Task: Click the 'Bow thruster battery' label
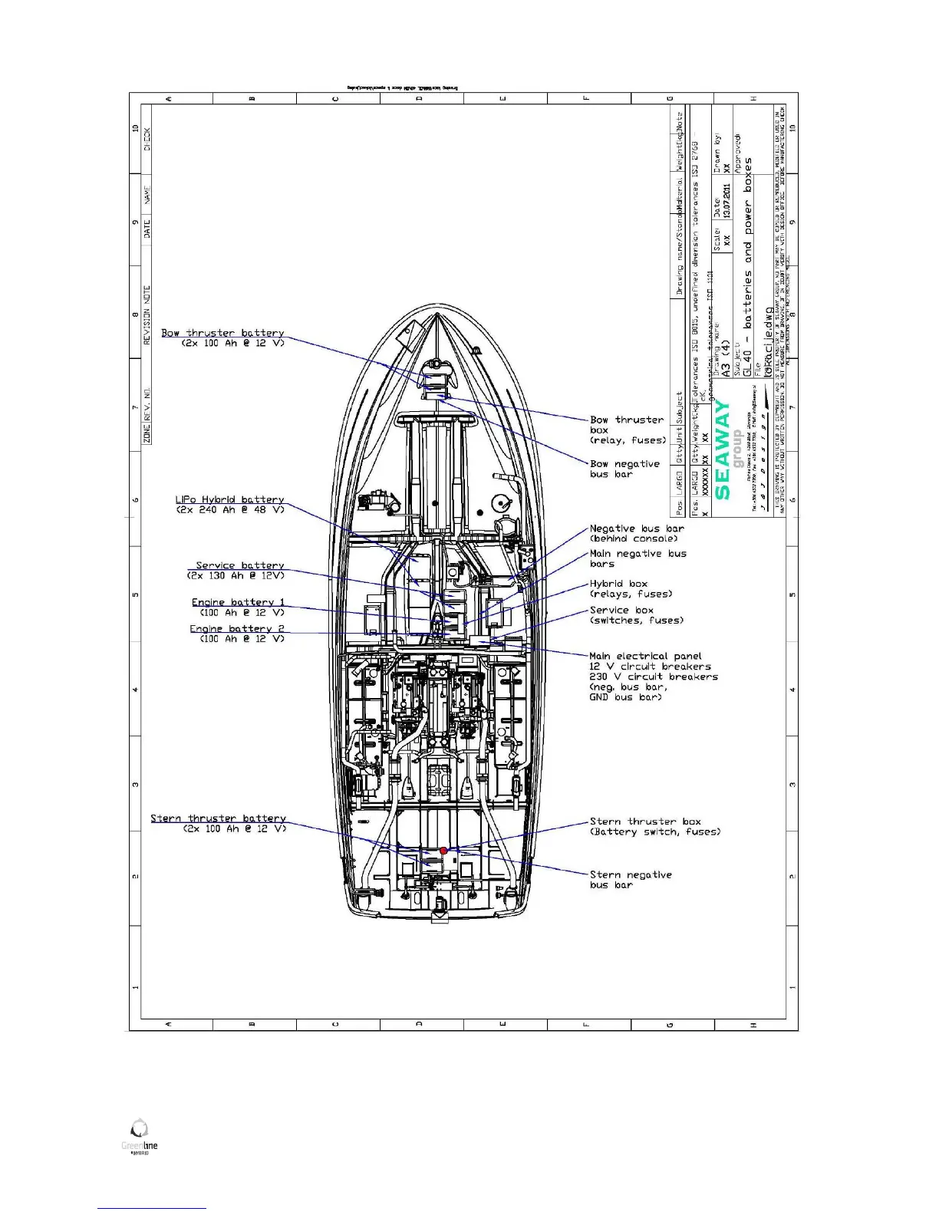222,333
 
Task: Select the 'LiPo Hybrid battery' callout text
229,499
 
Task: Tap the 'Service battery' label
239,565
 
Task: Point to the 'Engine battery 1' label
238,602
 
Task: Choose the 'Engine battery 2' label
237,628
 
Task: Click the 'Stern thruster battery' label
218,818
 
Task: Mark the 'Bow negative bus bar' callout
624,469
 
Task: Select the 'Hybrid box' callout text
618,584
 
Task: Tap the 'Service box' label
621,610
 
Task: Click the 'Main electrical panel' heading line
645,656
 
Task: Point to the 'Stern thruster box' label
645,822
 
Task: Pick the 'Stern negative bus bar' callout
631,879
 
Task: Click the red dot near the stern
443,851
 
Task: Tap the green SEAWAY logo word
723,451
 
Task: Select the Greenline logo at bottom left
140,1137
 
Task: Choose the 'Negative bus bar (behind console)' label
637,533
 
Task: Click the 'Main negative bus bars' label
638,558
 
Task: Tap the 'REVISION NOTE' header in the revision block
147,314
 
